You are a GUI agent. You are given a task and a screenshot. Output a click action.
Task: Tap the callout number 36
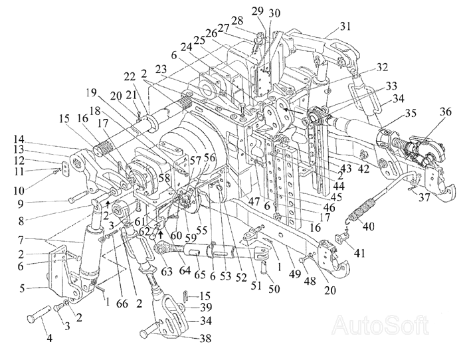[446, 112]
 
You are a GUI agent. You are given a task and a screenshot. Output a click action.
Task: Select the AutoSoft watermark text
[381, 325]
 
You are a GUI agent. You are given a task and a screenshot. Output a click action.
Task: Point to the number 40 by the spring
[368, 226]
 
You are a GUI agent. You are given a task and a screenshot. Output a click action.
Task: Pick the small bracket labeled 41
[341, 238]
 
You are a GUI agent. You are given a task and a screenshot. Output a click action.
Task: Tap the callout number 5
[22, 288]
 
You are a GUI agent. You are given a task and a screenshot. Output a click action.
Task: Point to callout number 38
[205, 338]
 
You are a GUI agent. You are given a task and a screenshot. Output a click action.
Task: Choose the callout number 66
[122, 303]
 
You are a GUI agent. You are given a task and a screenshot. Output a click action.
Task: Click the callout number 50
[274, 288]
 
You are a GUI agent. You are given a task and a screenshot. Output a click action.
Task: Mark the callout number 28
[238, 21]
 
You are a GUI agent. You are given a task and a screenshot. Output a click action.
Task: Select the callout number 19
[92, 93]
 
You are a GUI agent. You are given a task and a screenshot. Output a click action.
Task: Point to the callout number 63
[167, 272]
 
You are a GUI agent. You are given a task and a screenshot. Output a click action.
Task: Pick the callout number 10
[19, 190]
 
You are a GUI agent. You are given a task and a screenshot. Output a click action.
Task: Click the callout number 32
[382, 67]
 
